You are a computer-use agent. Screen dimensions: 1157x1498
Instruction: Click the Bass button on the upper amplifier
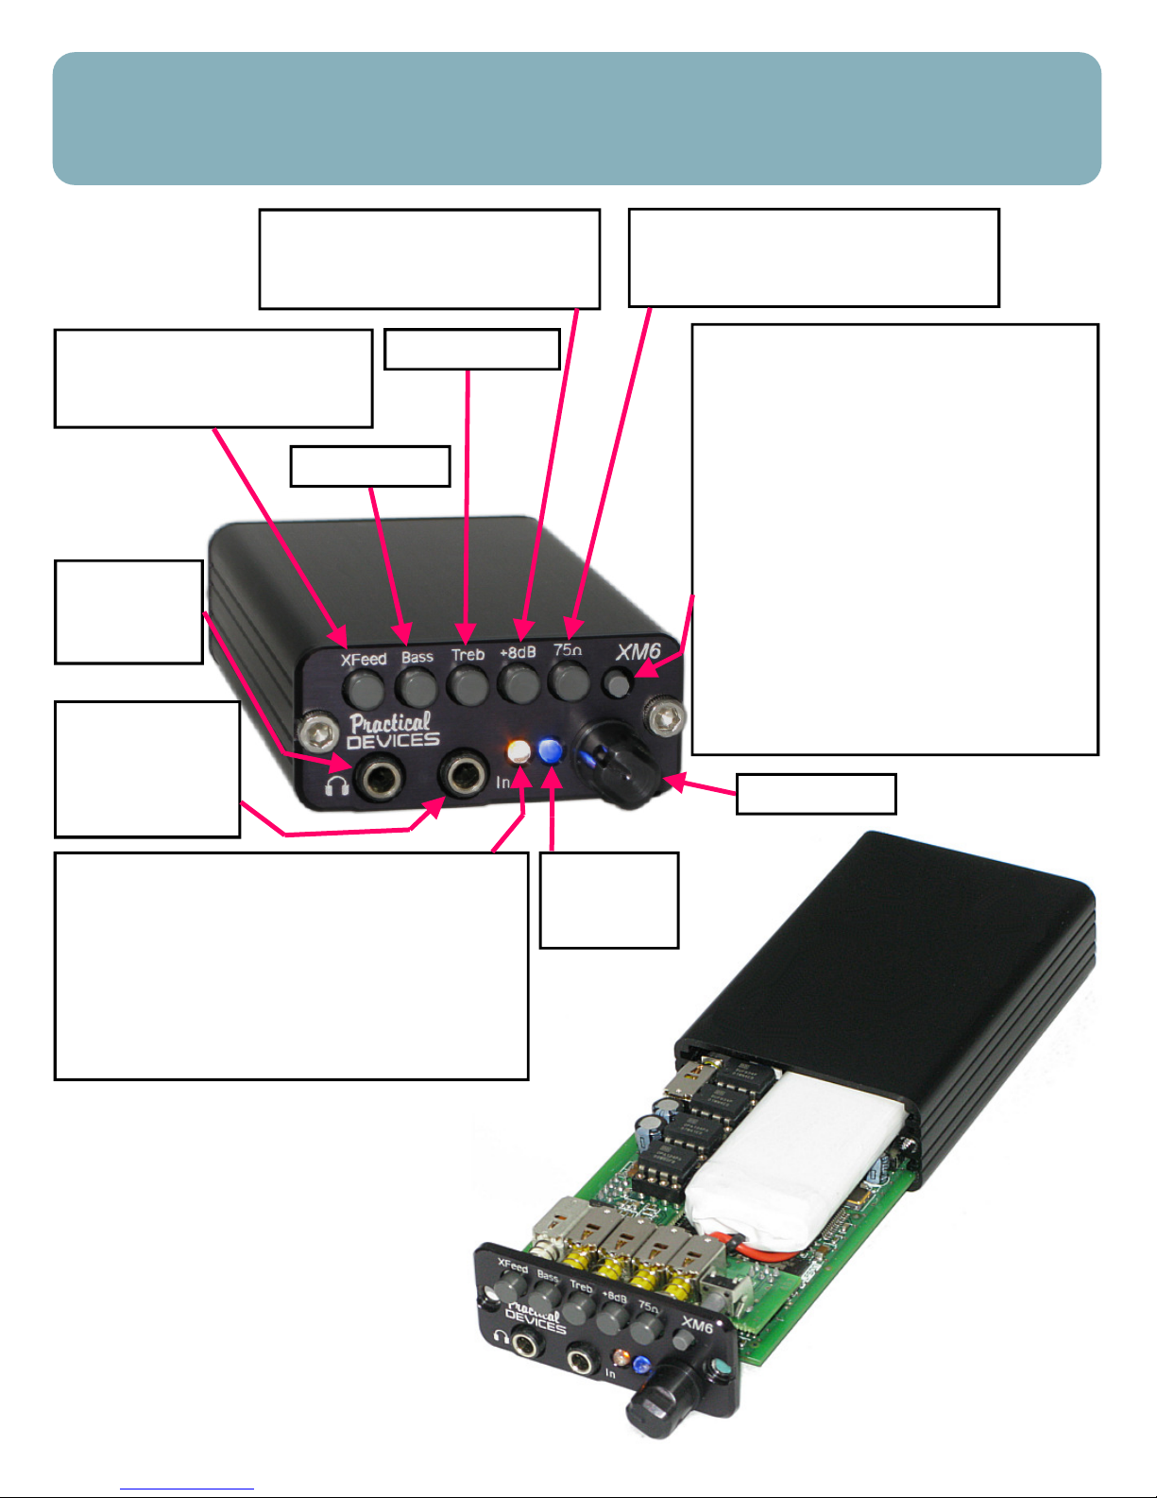417,686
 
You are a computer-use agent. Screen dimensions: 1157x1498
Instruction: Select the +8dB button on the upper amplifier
519,682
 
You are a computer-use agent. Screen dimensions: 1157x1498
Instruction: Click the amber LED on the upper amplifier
519,750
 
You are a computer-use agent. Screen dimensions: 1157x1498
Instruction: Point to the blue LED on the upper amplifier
551,751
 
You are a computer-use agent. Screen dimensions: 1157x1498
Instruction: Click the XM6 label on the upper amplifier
638,652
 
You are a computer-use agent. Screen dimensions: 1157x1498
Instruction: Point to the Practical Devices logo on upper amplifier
393,731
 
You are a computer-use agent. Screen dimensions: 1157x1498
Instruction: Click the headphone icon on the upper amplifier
337,786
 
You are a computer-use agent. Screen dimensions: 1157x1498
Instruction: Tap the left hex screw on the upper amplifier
317,735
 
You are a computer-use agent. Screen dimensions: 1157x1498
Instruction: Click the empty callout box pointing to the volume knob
816,794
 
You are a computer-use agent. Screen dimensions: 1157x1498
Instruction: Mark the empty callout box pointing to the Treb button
471,349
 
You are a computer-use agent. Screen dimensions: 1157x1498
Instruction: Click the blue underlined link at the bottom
187,1489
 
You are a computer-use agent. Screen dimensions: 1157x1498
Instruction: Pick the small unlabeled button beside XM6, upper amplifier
617,684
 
